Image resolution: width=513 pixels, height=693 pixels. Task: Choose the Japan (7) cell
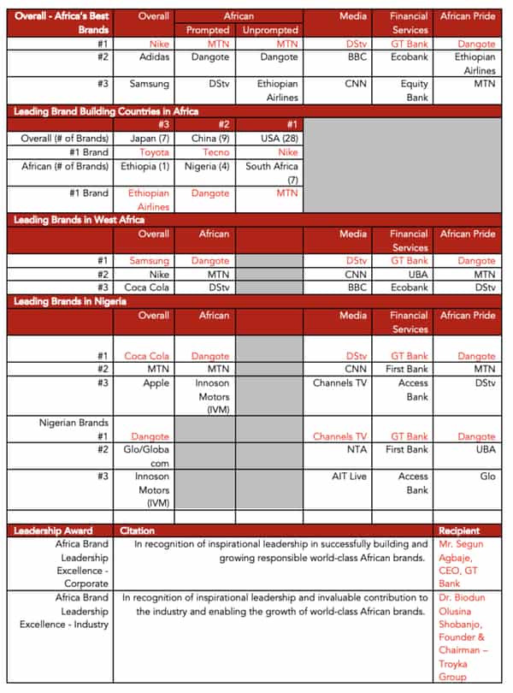tap(150, 138)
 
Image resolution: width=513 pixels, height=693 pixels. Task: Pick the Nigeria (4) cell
tap(206, 166)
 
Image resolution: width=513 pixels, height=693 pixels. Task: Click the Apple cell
tap(156, 383)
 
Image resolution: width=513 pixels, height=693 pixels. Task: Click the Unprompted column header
tap(270, 30)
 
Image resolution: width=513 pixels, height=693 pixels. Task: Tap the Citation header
tap(138, 530)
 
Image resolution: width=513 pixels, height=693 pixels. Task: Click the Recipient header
tap(459, 530)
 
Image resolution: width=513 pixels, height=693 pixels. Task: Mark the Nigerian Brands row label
tap(74, 423)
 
